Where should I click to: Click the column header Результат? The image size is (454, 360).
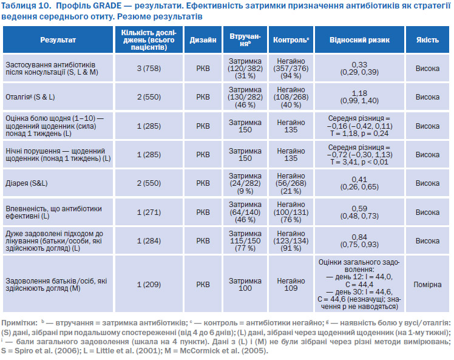[x=58, y=39]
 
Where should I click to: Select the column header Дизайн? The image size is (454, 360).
[x=203, y=39]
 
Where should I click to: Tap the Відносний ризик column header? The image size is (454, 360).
[x=359, y=39]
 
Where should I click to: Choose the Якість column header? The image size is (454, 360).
[x=427, y=39]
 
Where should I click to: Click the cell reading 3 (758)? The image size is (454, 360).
[x=149, y=69]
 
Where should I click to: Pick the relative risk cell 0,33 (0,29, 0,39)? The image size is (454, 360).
[x=359, y=69]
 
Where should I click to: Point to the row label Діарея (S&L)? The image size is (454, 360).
[x=26, y=183]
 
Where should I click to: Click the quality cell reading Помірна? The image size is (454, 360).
[x=427, y=284]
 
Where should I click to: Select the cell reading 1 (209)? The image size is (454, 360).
[x=149, y=284]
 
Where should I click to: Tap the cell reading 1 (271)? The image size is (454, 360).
[x=149, y=212]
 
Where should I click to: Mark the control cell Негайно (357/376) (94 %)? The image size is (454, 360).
[x=291, y=69]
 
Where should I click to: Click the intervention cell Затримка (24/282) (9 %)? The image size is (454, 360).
[x=245, y=183]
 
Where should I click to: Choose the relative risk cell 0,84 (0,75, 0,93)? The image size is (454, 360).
[x=359, y=240]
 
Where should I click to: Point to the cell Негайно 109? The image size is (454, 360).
[x=291, y=284]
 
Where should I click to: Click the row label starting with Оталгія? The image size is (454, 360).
[x=30, y=97]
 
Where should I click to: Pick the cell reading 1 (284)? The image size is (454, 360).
[x=149, y=240]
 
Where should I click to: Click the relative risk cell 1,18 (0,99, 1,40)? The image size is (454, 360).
[x=359, y=97]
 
